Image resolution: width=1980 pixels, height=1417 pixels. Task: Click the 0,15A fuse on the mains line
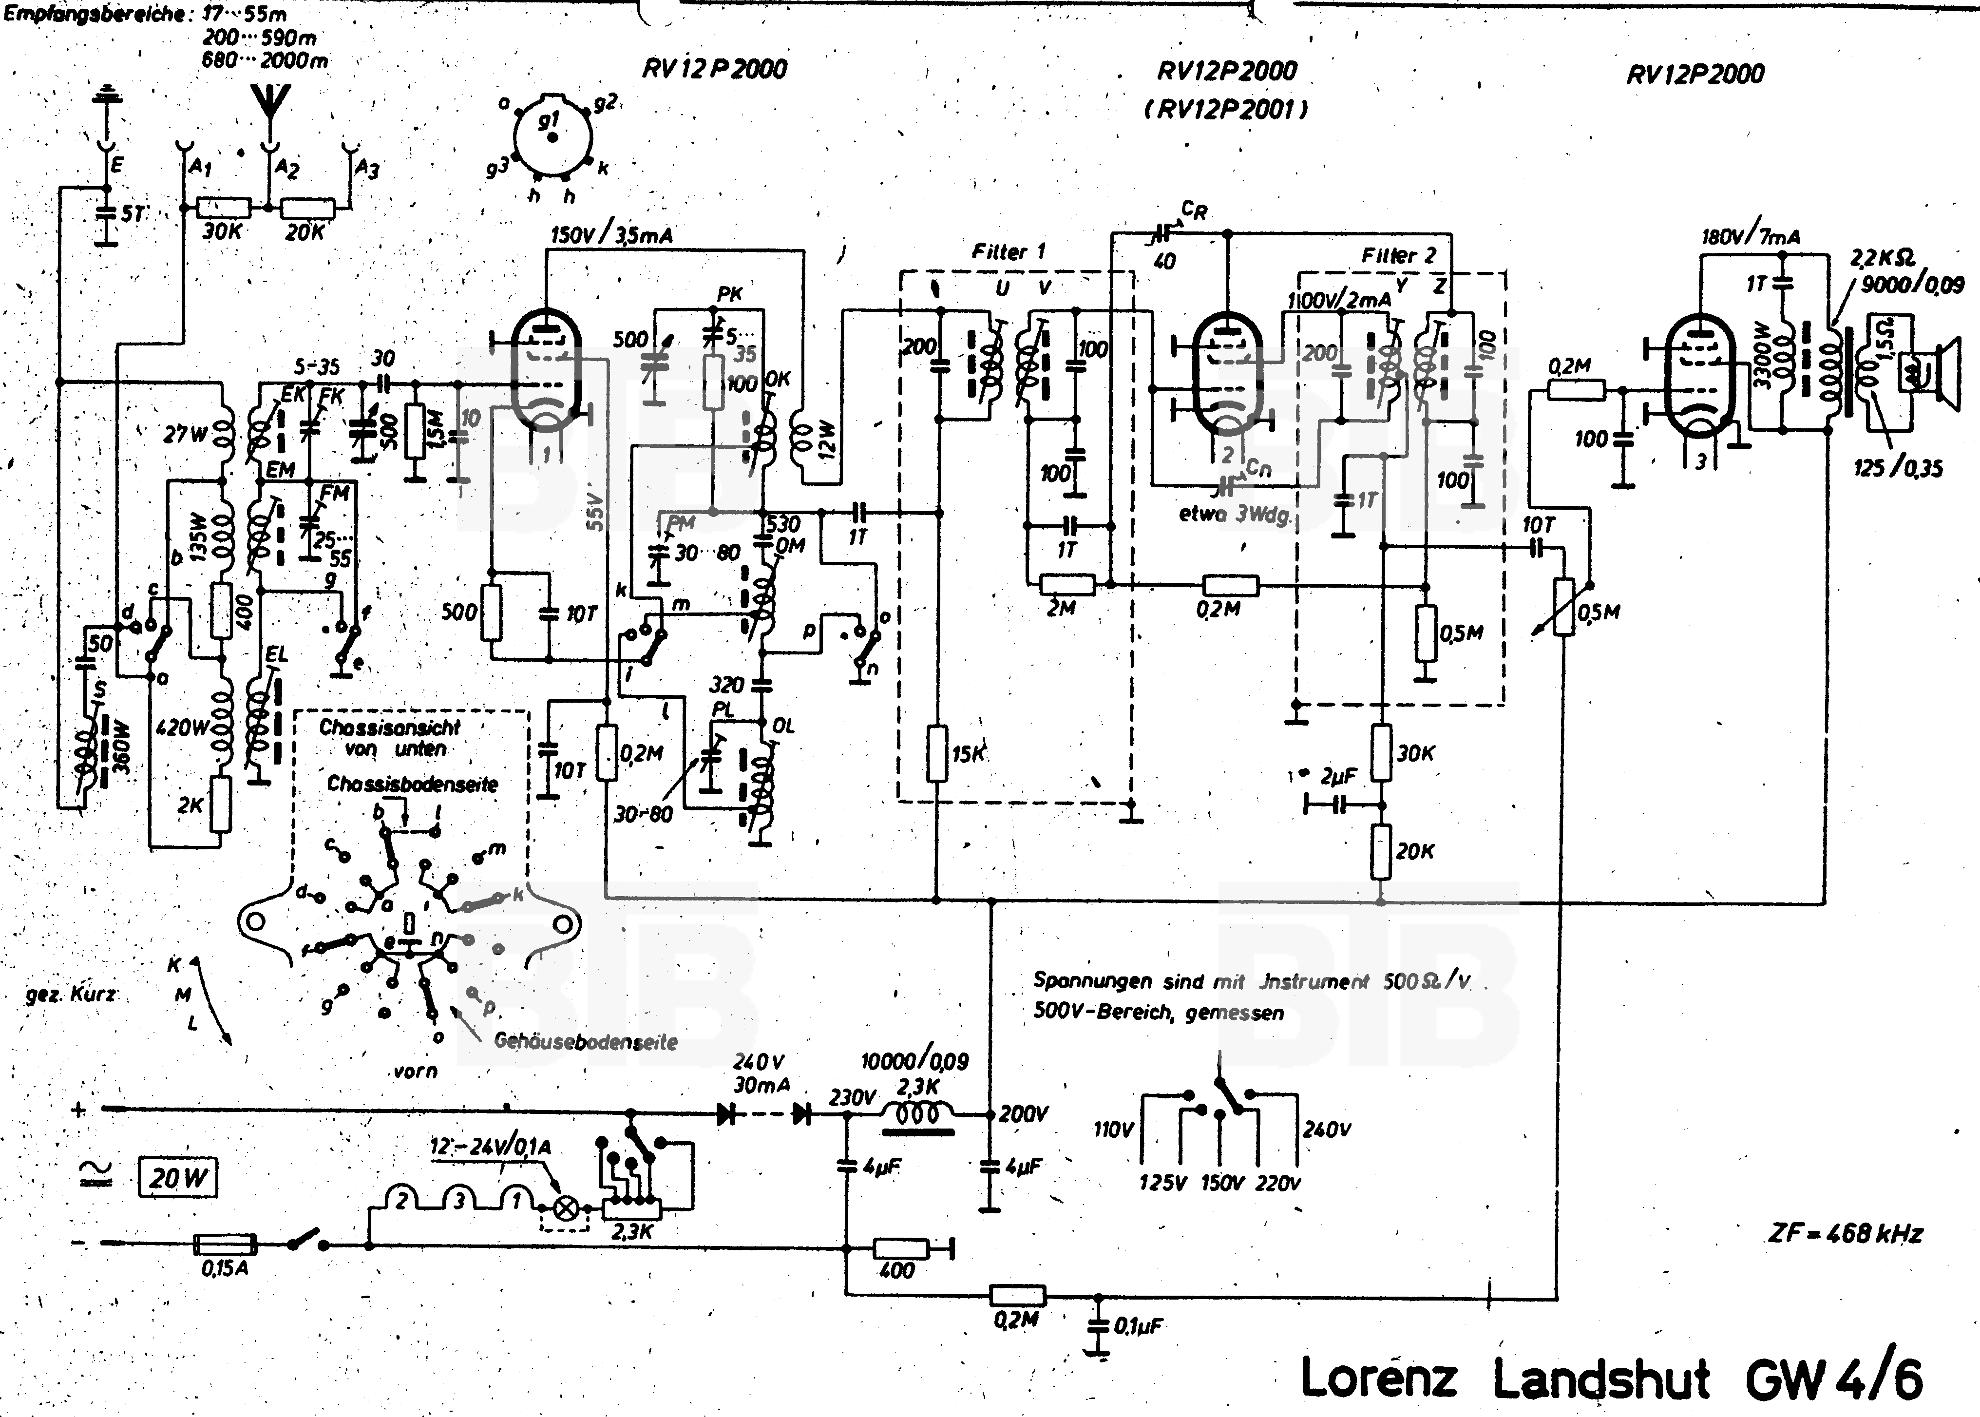(x=224, y=1244)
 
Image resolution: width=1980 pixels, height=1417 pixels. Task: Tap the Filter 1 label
(x=1008, y=252)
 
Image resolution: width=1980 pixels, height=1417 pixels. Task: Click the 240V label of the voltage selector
(x=1326, y=1130)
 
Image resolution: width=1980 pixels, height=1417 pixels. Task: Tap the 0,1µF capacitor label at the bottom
(x=1138, y=1326)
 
